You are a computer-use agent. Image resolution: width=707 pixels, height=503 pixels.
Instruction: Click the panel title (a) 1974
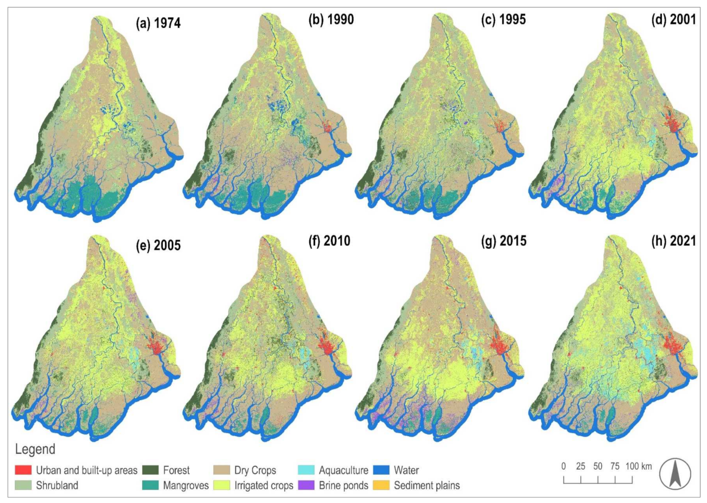pyautogui.click(x=158, y=23)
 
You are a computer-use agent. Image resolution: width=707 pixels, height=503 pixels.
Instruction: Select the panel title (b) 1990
pyautogui.click(x=331, y=20)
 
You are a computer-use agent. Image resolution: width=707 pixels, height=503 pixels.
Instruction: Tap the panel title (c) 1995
pyautogui.click(x=503, y=20)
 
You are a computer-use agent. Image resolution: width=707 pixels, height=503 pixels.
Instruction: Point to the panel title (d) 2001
pyautogui.click(x=674, y=20)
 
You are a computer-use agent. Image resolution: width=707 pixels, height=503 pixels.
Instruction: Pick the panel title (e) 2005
pyautogui.click(x=158, y=245)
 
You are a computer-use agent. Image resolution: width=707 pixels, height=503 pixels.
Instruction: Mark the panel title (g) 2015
pyautogui.click(x=503, y=241)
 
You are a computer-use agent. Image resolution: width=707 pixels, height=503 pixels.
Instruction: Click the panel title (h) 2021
pyautogui.click(x=674, y=241)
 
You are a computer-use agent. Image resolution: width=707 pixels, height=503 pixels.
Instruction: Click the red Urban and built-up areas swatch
pyautogui.click(x=23, y=470)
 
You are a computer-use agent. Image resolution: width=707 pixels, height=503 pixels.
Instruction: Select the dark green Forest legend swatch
pyautogui.click(x=150, y=470)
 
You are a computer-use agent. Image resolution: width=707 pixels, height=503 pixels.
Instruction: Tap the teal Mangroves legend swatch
pyautogui.click(x=150, y=485)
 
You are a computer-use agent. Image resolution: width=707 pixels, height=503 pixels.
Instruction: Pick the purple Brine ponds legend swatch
pyautogui.click(x=306, y=485)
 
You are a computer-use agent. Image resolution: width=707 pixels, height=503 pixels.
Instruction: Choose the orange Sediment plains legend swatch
pyautogui.click(x=381, y=485)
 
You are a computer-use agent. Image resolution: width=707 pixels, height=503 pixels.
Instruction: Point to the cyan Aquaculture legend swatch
pyautogui.click(x=306, y=470)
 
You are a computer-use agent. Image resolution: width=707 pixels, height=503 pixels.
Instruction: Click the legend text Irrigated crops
pyautogui.click(x=263, y=485)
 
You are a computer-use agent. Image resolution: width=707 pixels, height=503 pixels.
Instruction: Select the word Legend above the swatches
pyautogui.click(x=35, y=449)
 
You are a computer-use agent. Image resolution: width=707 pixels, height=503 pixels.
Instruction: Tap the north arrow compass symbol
pyautogui.click(x=675, y=474)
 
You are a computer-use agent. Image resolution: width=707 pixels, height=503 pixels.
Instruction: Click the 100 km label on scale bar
pyautogui.click(x=638, y=466)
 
